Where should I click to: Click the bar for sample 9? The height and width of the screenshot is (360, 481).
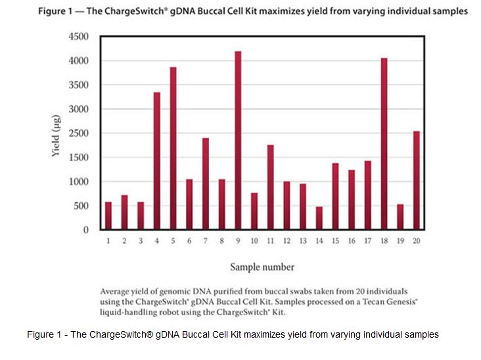click(237, 141)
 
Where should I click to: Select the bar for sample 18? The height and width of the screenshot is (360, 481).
click(384, 144)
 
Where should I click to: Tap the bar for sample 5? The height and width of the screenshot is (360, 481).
click(173, 148)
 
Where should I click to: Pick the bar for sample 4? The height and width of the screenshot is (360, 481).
click(157, 161)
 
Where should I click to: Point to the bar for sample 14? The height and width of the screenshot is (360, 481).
click(319, 218)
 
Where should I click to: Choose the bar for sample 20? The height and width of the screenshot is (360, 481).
click(416, 181)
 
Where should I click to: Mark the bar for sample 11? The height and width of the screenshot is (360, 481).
click(270, 187)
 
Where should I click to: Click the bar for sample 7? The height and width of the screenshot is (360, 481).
click(205, 184)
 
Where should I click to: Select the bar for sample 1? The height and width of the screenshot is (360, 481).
click(108, 216)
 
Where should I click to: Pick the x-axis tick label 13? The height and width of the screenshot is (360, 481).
click(302, 241)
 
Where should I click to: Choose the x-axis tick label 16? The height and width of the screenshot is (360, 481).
click(351, 241)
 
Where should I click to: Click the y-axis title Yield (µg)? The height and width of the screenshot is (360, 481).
click(57, 133)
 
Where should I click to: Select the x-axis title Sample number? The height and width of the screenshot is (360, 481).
click(262, 267)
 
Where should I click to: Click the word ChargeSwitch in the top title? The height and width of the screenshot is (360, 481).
click(145, 11)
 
